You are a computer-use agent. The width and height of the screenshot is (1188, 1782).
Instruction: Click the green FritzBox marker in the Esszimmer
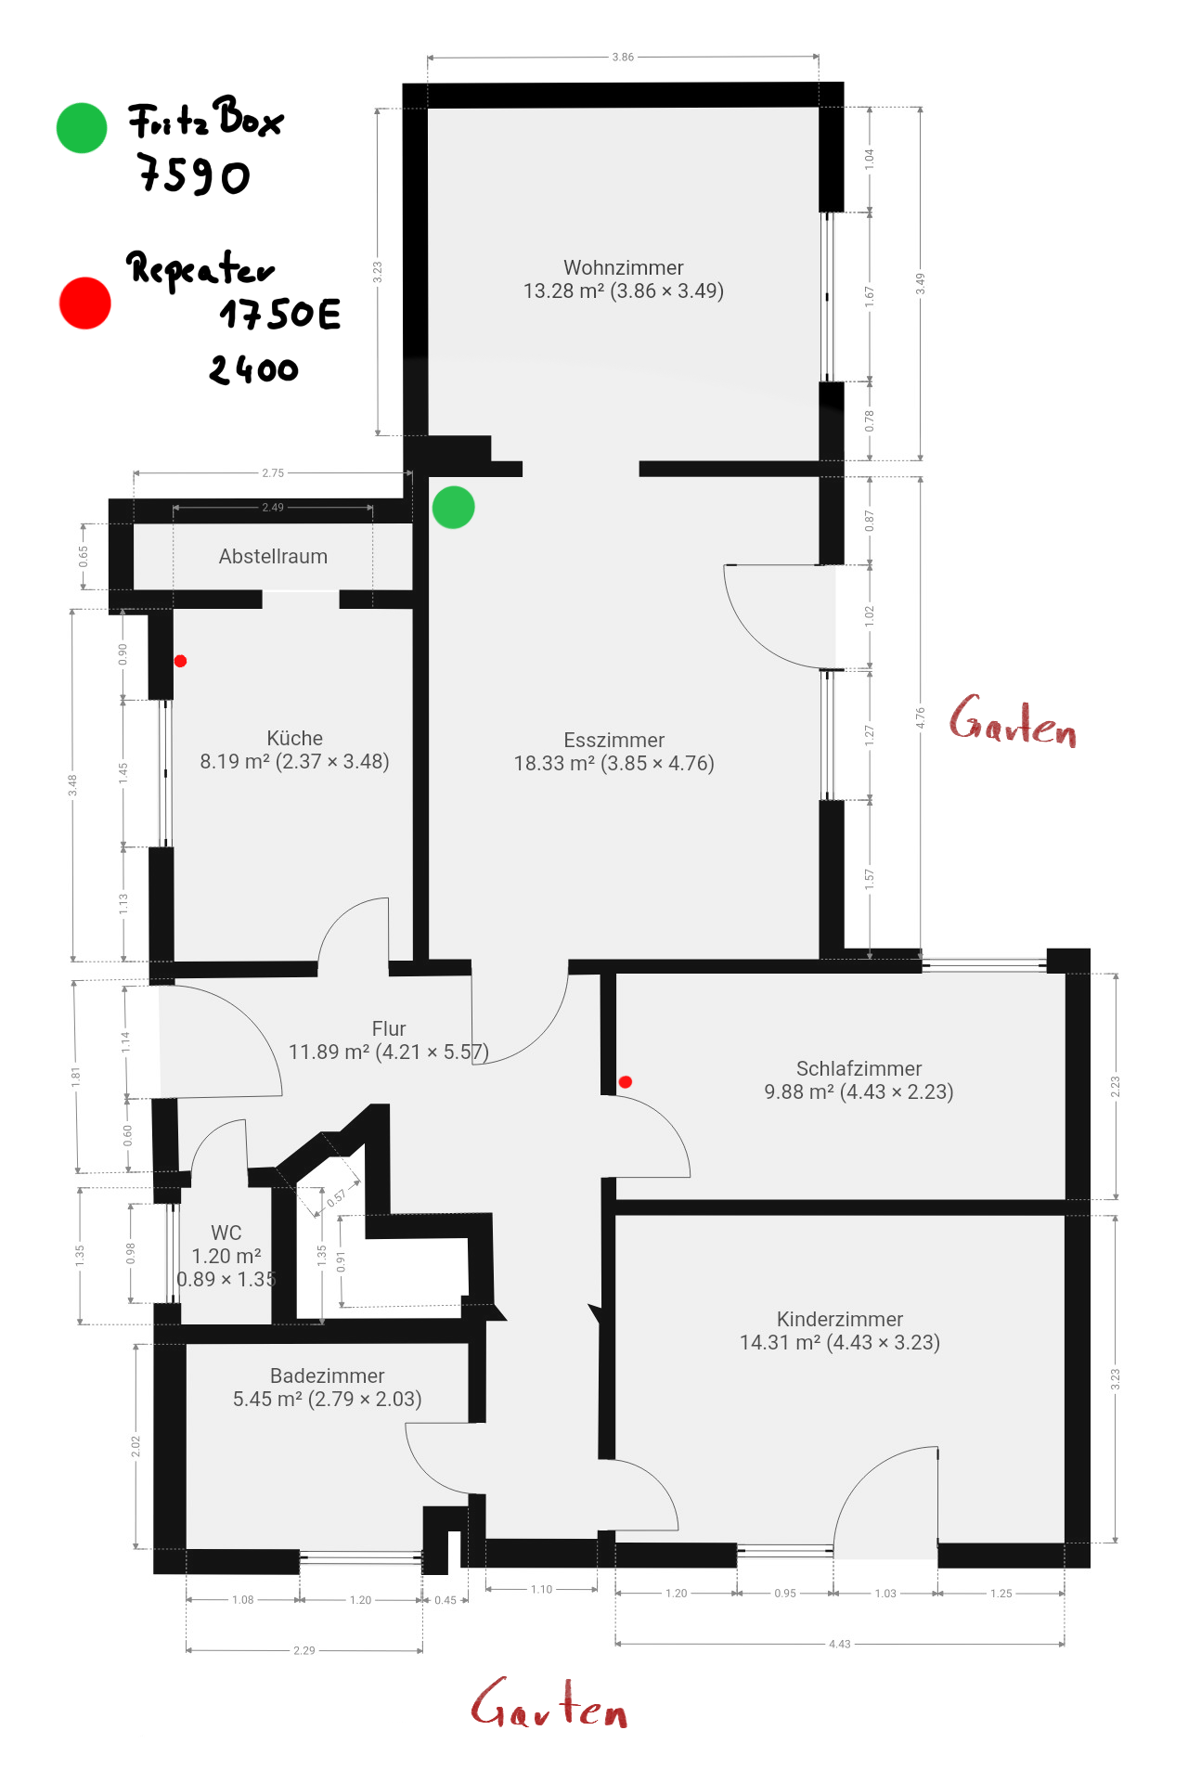click(x=453, y=508)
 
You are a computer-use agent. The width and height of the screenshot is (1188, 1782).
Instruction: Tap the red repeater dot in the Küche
click(x=180, y=661)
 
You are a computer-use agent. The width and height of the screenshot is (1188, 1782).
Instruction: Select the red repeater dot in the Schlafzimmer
click(x=626, y=1081)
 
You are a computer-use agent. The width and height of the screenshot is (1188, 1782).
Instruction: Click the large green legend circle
click(x=82, y=128)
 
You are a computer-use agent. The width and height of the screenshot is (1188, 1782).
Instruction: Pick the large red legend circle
click(x=84, y=303)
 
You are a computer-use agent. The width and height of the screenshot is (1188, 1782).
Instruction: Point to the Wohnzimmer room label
click(x=624, y=267)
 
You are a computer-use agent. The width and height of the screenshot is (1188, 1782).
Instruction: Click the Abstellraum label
click(x=273, y=557)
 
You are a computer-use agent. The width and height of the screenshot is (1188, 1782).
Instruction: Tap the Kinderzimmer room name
click(x=840, y=1319)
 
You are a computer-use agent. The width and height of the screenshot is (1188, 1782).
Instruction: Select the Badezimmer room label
click(x=327, y=1375)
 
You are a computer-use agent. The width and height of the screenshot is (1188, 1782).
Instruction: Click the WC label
click(x=226, y=1233)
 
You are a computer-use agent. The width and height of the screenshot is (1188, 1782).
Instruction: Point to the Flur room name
click(x=389, y=1028)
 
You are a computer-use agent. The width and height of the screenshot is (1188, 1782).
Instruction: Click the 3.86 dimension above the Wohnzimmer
click(x=623, y=58)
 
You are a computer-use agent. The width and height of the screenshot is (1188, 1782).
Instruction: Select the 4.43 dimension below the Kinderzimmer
click(x=839, y=1644)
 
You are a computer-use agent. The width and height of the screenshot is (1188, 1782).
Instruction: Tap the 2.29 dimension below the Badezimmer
click(x=304, y=1650)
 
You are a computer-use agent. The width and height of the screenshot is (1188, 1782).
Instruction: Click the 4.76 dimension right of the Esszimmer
click(x=921, y=717)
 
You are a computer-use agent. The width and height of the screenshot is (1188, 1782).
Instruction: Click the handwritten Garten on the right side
click(x=1013, y=721)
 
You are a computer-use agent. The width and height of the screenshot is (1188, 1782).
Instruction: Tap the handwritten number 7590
click(x=194, y=174)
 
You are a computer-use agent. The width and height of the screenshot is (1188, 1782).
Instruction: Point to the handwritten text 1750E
click(x=280, y=315)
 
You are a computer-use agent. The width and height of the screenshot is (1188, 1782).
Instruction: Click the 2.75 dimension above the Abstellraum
click(x=273, y=473)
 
